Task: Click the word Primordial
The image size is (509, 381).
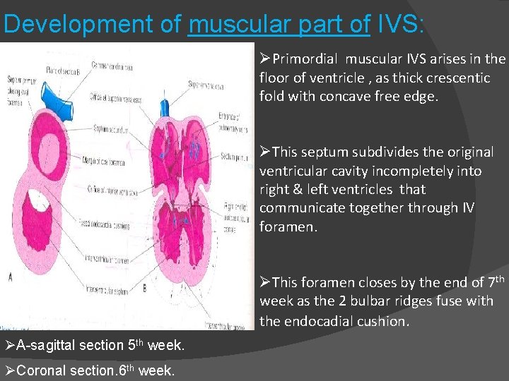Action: [x=305, y=59]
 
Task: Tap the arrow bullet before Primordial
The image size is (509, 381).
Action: [x=265, y=59]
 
